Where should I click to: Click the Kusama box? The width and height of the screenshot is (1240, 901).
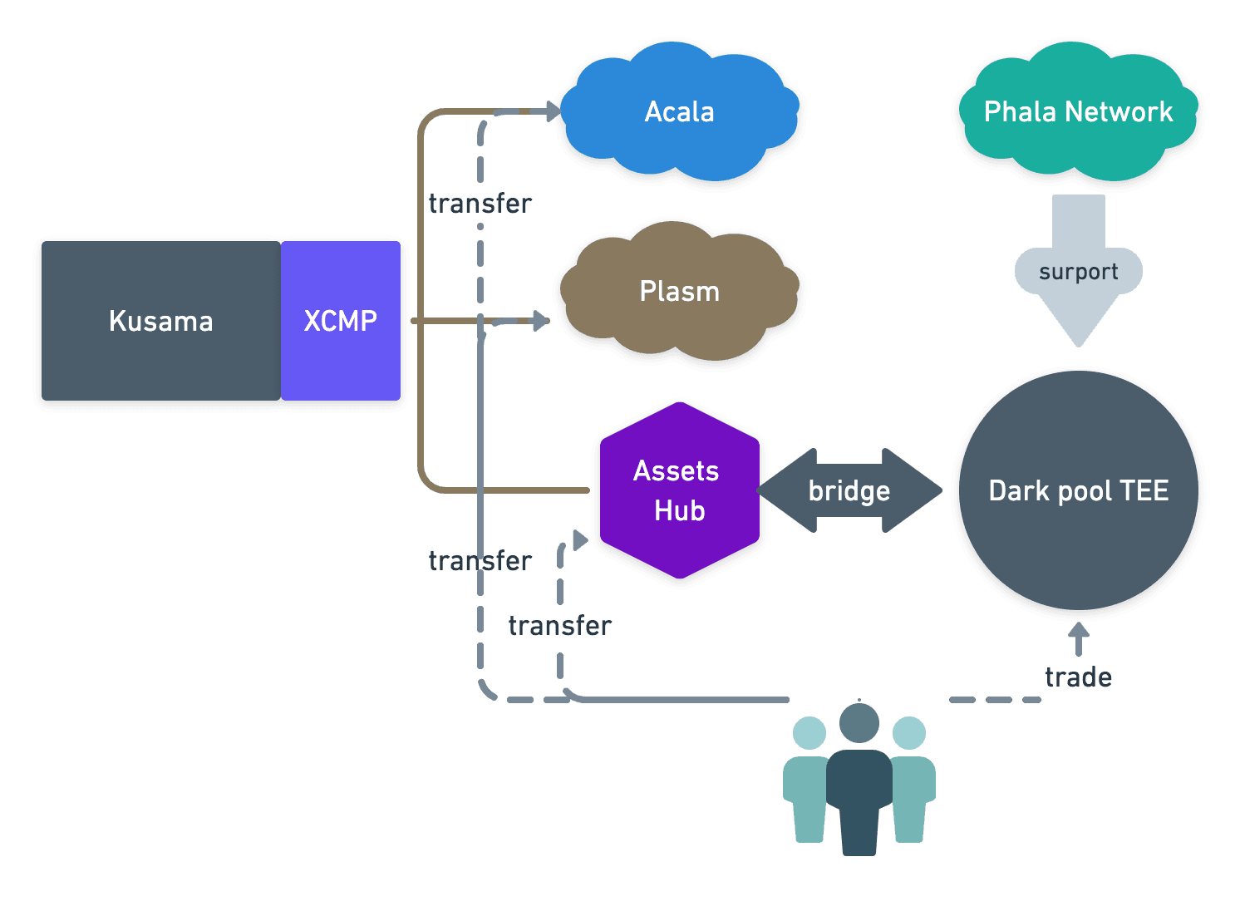[160, 322]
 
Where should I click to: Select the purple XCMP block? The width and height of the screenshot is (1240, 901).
[341, 321]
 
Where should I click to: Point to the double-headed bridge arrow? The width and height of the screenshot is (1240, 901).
[849, 490]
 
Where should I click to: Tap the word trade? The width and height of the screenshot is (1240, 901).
[1078, 677]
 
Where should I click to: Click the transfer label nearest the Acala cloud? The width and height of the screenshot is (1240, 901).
[480, 204]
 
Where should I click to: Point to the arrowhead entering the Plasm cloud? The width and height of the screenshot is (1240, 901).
[541, 320]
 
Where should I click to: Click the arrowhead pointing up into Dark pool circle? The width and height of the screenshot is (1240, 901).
[1078, 630]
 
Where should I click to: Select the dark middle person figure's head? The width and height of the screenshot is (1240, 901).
[859, 723]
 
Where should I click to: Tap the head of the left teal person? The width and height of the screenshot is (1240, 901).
[809, 733]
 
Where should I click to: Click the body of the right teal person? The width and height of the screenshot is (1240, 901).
[911, 798]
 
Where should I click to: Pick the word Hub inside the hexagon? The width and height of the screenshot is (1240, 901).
[679, 510]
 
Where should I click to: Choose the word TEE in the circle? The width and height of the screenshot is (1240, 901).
[1144, 491]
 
